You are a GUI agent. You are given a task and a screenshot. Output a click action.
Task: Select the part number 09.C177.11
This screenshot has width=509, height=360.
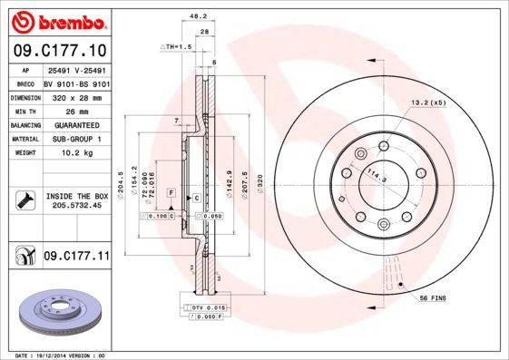click(x=76, y=258)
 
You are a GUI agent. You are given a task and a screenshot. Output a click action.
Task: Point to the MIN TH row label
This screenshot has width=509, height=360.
click(x=22, y=111)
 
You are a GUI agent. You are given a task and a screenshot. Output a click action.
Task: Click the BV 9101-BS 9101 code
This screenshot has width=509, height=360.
click(x=76, y=83)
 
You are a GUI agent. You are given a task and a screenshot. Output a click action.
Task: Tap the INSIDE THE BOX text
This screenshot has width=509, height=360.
click(x=76, y=196)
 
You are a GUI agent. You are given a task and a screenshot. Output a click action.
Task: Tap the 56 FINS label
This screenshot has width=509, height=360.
click(x=433, y=298)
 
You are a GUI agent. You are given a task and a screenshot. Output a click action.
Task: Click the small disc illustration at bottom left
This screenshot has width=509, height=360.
click(x=55, y=314)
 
